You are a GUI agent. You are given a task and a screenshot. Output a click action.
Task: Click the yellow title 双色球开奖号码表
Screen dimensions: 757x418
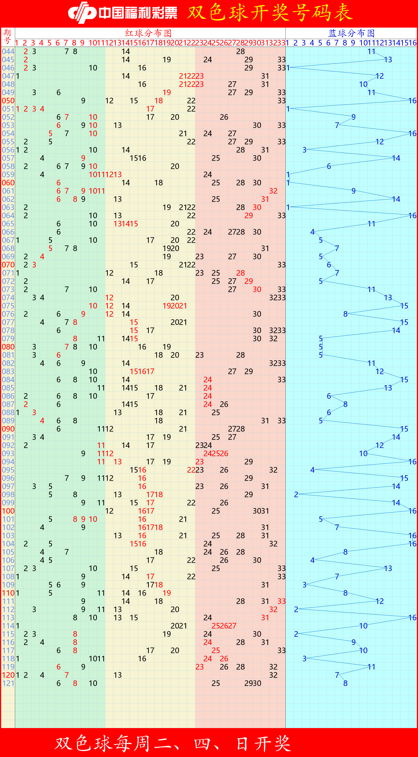coord(270,13)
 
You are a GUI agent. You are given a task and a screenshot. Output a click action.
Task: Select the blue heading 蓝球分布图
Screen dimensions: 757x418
coord(351,33)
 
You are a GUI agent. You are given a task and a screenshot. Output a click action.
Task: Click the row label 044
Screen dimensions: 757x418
coord(8,51)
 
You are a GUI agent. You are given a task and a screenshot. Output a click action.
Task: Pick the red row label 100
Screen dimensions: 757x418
coord(8,511)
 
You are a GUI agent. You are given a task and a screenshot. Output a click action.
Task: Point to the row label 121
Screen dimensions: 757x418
coord(8,683)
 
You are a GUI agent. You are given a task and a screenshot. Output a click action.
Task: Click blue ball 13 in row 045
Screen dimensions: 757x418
coord(388,60)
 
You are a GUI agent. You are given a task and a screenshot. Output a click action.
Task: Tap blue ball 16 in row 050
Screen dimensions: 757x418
coord(412,101)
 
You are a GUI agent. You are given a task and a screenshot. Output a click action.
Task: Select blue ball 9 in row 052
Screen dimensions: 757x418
coord(353,117)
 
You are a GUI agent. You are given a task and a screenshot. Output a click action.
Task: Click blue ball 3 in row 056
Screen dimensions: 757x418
coord(304,150)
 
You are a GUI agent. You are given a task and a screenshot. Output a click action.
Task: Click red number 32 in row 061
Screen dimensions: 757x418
coord(273,191)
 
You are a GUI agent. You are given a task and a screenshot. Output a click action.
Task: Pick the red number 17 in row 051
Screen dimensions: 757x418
coord(150,109)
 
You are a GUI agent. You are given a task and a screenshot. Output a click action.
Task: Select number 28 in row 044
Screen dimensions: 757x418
coord(240,51)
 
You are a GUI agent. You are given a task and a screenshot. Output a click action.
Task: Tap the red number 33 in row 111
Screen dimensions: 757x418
coord(281,601)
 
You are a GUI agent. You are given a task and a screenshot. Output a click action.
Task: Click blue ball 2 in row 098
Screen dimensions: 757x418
coord(296,495)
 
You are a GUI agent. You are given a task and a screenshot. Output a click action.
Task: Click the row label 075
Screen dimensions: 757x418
coord(8,306)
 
